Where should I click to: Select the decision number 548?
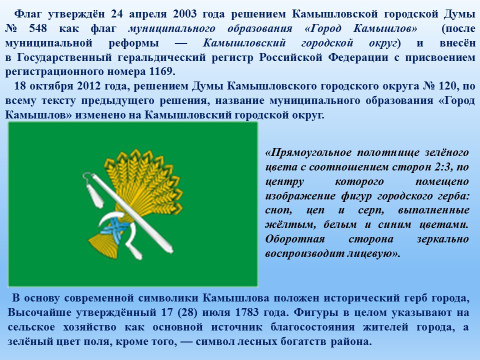tap(38, 28)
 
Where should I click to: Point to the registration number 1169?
tap(161, 71)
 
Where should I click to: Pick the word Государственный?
tap(63, 57)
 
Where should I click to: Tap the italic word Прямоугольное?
tap(311, 152)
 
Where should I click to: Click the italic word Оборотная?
tap(295, 239)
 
